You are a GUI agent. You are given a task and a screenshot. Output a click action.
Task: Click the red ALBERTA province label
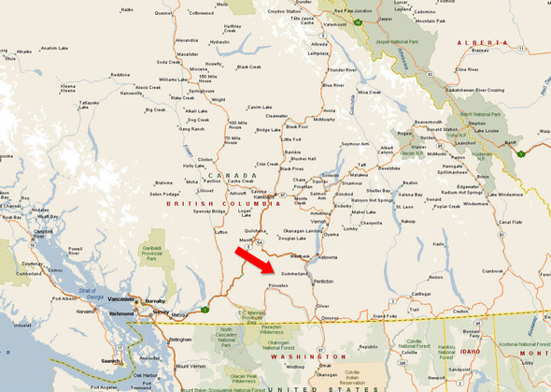[477, 43]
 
